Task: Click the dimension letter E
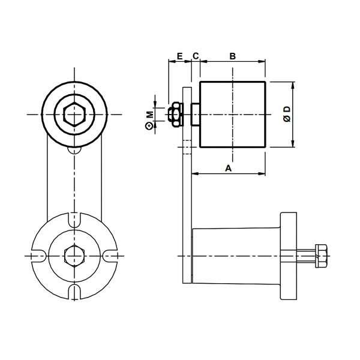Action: tap(179, 56)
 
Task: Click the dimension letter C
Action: tap(196, 56)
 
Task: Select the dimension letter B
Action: tap(233, 56)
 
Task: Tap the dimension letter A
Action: tap(228, 168)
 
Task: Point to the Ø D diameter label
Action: tap(287, 114)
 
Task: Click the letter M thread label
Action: tap(150, 115)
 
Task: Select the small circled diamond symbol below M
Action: tap(149, 126)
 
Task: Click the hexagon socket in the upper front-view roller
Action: tap(74, 115)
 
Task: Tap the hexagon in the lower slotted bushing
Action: tap(74, 256)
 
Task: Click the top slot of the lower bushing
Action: tap(74, 221)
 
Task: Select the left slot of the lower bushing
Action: tap(39, 256)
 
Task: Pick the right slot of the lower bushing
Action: tap(110, 256)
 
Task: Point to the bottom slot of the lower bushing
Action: tap(74, 292)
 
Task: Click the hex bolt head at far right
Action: tap(321, 256)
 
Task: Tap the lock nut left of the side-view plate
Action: tap(176, 115)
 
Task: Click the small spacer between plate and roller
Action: tap(196, 115)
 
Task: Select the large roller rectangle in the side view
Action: tap(233, 115)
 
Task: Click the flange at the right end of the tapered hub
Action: tap(289, 256)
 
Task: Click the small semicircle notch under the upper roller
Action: tap(74, 150)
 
